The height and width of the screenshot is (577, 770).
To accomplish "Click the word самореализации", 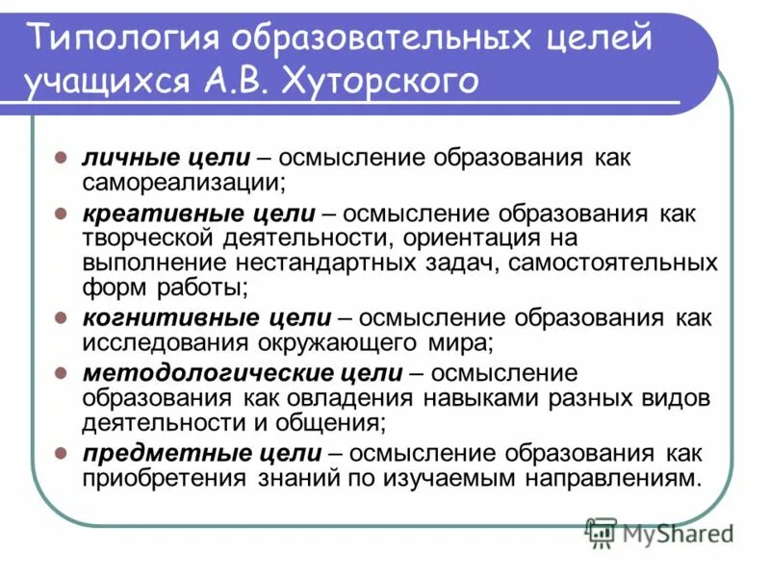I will coord(182,181).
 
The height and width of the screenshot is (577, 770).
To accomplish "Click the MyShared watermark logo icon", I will coord(602,531).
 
